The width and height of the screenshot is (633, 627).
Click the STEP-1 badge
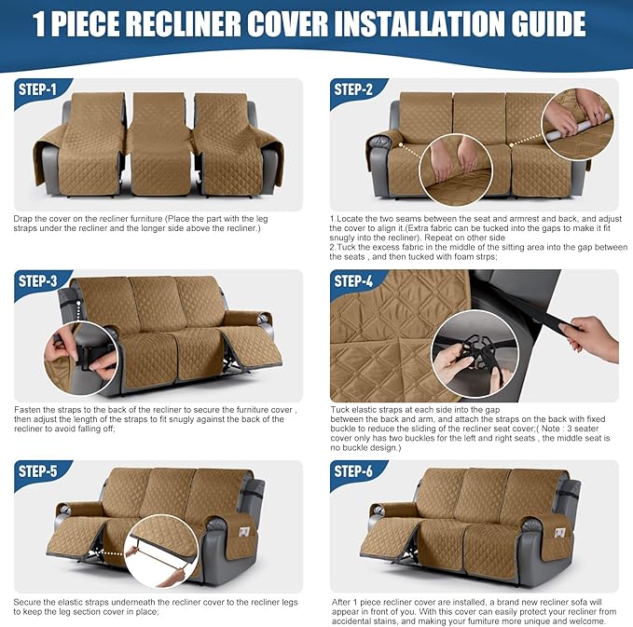pyautogui.click(x=37, y=90)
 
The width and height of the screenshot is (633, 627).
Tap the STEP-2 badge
pyautogui.click(x=354, y=90)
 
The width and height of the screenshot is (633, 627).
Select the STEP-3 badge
pyautogui.click(x=37, y=281)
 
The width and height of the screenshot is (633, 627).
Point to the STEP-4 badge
pyautogui.click(x=354, y=281)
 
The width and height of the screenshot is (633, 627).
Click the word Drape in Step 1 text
pyautogui.click(x=24, y=218)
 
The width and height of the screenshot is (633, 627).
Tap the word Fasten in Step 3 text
pyautogui.click(x=27, y=409)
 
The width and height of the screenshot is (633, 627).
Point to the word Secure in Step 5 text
pyautogui.click(x=27, y=600)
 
